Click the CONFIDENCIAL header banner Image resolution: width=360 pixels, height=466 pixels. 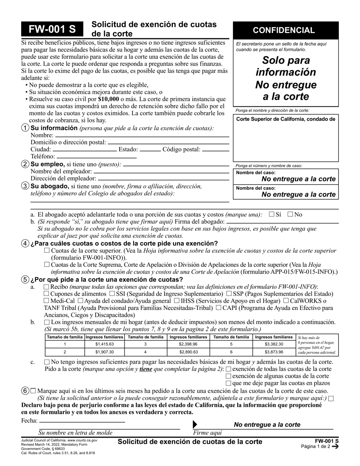tap(286, 30)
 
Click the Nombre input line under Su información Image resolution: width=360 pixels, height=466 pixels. tap(142, 135)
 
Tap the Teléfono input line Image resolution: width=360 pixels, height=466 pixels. tap(96, 156)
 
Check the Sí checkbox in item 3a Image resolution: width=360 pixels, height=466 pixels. tap(271, 214)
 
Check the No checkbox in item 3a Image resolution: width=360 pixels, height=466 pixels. tap(290, 214)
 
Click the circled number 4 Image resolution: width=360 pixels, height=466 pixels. tap(25, 244)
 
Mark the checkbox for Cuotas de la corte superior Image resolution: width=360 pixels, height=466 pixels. tap(47, 250)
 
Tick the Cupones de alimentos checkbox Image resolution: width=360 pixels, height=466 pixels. tap(47, 294)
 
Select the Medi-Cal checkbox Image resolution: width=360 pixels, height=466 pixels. tap(47, 300)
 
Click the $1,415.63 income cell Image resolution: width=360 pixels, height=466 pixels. tap(104, 344)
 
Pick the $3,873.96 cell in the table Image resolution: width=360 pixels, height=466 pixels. tap(274, 352)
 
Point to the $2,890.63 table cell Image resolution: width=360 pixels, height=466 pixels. tap(188, 352)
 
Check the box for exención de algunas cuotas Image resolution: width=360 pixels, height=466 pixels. tap(228, 376)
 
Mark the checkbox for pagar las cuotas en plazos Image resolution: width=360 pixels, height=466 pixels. tap(228, 383)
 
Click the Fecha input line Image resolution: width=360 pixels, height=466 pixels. tap(82, 421)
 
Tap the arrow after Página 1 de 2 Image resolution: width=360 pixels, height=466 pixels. tap(335, 446)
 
